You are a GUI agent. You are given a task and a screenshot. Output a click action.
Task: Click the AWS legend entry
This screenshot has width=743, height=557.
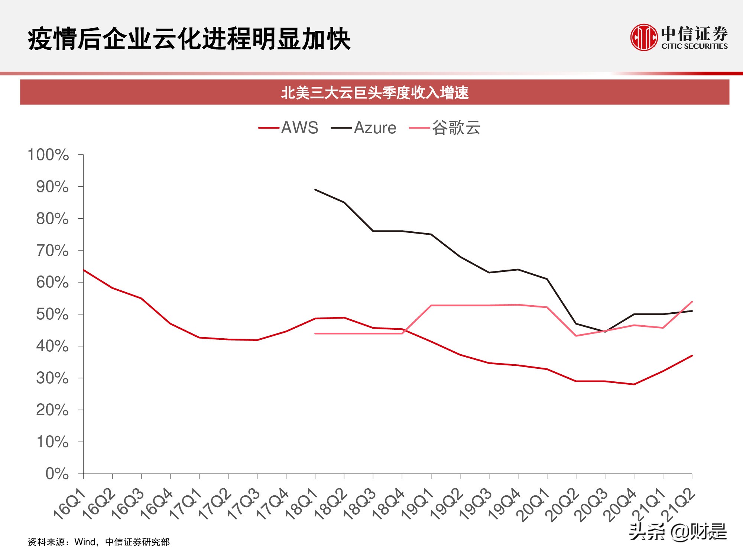[x=289, y=128]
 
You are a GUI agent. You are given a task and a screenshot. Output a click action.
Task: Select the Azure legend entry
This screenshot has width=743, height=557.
[x=364, y=128]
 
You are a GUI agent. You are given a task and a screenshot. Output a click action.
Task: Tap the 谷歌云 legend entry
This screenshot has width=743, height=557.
[x=445, y=128]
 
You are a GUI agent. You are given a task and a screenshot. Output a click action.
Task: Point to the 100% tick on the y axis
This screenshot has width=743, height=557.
[x=48, y=155]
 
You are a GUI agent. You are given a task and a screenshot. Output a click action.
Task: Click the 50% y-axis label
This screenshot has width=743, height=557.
[x=52, y=315]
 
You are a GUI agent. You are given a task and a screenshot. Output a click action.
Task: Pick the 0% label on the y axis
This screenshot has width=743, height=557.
[x=57, y=474]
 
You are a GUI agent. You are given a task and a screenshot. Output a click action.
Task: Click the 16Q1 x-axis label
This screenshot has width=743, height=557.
[x=70, y=504]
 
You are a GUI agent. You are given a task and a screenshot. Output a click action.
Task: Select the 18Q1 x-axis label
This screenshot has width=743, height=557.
[x=302, y=504]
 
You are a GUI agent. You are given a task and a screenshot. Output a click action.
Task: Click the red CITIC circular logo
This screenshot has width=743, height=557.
[x=644, y=38]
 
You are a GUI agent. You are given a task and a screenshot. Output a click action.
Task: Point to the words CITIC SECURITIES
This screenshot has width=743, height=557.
[x=694, y=46]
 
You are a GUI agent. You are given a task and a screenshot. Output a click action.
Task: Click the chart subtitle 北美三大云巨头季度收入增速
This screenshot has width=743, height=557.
[x=374, y=92]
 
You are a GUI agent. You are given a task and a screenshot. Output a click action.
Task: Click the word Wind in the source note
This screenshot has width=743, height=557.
[x=85, y=542]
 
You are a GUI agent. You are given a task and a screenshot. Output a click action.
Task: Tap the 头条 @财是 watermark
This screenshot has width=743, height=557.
[x=678, y=532]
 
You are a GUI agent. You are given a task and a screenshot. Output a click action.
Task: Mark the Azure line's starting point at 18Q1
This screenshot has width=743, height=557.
[x=315, y=190]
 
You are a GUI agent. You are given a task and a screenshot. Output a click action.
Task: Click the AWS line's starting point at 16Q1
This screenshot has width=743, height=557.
[x=84, y=270]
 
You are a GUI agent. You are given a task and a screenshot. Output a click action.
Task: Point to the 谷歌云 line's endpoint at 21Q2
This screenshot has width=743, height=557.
[x=692, y=302]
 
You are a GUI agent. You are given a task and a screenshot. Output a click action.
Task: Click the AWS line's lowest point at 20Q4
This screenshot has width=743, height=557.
[x=634, y=384]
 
